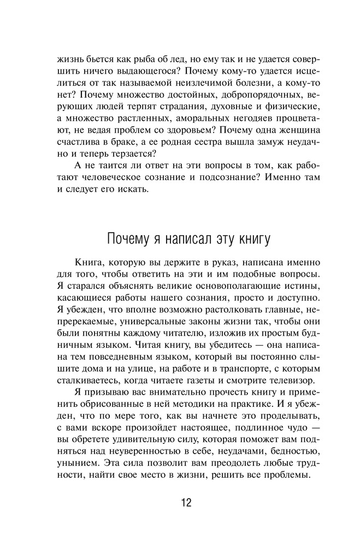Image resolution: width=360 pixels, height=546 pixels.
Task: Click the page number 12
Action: click(x=180, y=503)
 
